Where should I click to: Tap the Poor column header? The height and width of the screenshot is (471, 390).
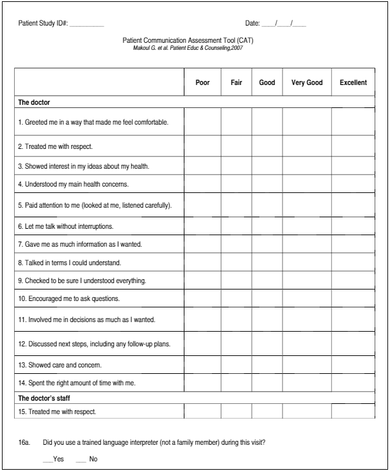coord(202,82)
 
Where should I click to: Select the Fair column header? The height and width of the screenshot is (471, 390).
coord(236,82)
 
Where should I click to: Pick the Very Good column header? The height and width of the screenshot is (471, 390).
coord(307,82)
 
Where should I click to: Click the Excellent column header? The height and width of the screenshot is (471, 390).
coord(353,82)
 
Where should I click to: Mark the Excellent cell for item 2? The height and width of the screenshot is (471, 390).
coord(353,146)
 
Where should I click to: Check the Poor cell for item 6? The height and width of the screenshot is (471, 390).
coord(202,226)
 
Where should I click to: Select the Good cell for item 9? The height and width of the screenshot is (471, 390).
coord(267,280)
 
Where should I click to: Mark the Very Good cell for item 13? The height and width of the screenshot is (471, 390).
coord(307,365)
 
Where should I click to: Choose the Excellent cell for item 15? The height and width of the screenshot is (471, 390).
coord(353,412)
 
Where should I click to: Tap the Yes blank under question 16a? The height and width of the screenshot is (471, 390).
coord(47,458)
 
